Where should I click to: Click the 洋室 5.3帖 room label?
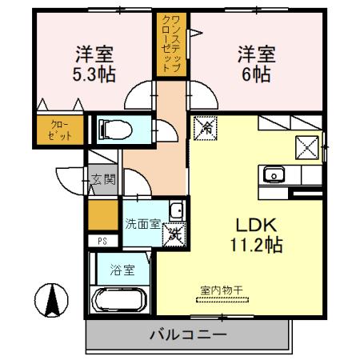[94, 65]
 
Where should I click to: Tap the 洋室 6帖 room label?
[255, 65]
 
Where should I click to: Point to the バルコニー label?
[189, 336]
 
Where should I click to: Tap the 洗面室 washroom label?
[142, 223]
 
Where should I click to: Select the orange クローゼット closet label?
[60, 130]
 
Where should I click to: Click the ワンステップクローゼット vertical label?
[170, 45]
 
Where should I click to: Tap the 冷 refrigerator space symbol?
[206, 126]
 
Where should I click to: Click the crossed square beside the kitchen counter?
[308, 148]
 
